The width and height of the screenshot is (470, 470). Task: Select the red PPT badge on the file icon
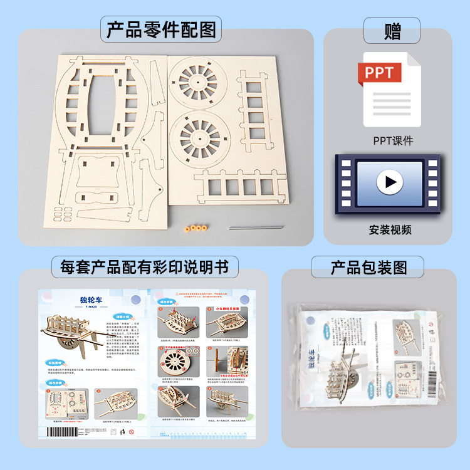pos(380,73)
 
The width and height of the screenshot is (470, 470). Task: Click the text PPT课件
pos(393,140)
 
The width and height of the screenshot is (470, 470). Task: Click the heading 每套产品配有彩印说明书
pos(145,268)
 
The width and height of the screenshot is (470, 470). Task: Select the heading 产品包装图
pos(368,268)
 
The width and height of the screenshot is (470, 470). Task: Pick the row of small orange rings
pos(196,228)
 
